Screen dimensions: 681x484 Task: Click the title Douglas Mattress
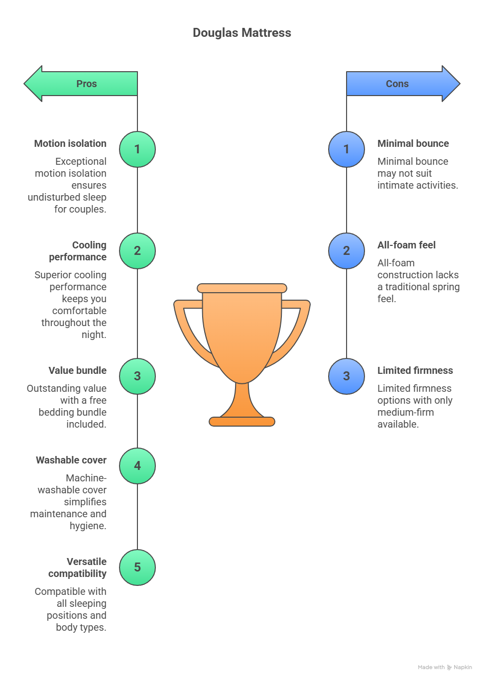point(242,33)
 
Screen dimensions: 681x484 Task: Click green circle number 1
point(137,149)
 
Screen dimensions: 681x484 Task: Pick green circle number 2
point(137,251)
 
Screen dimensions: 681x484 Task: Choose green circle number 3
point(137,376)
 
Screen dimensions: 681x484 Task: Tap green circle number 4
point(137,466)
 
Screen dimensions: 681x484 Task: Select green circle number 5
point(137,567)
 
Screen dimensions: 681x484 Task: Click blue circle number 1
point(347,149)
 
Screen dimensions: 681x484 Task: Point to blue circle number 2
point(347,251)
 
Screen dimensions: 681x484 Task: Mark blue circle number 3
point(347,376)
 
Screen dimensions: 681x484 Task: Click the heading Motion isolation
point(70,143)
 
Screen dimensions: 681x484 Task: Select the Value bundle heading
point(78,370)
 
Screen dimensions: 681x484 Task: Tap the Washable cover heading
point(71,460)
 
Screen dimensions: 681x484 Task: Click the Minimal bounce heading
point(413,143)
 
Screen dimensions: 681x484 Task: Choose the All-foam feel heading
point(406,245)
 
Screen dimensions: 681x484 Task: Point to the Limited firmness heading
point(415,370)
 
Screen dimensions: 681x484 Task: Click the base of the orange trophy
point(242,422)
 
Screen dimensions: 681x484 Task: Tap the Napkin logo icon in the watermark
point(450,667)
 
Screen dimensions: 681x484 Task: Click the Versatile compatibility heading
point(78,567)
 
